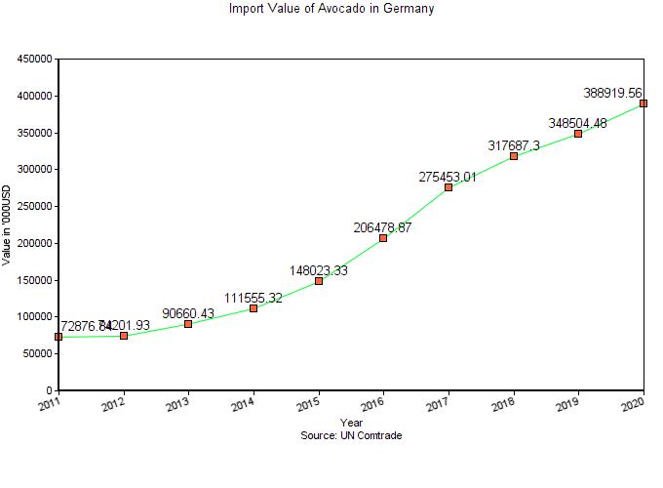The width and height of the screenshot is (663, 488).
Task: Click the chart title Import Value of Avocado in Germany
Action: [x=331, y=9]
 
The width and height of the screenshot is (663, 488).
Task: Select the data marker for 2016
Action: [x=383, y=238]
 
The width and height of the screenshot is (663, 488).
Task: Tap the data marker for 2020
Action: [x=643, y=103]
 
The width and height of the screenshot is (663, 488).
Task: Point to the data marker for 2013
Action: [x=188, y=323]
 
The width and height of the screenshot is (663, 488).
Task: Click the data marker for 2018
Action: [x=514, y=156]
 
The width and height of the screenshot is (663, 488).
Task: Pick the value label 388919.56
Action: [x=612, y=93]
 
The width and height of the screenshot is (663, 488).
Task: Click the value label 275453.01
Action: [x=448, y=177]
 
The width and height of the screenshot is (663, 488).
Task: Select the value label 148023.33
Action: [x=318, y=270]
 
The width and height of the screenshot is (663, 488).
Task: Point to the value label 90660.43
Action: [x=189, y=313]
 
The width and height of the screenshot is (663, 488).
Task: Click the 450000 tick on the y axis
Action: [x=34, y=60]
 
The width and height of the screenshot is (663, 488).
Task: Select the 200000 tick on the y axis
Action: [x=34, y=243]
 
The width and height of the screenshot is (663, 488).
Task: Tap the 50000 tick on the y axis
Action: [x=37, y=353]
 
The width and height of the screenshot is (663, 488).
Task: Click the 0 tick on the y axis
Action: [x=49, y=390]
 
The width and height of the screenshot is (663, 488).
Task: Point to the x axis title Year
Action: [x=351, y=423]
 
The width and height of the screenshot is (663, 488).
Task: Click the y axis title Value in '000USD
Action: [x=8, y=225]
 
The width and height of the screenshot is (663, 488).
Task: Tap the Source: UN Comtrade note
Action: [x=351, y=435]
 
